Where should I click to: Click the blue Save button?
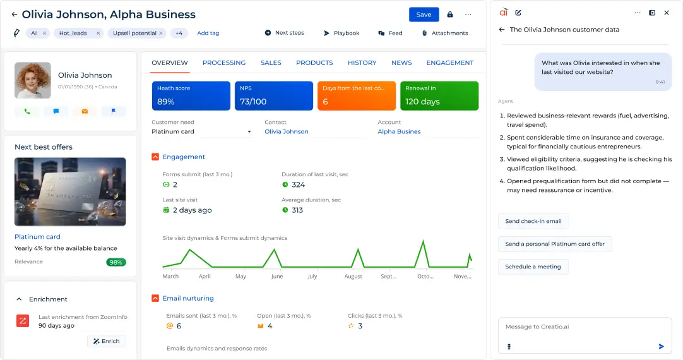(424, 15)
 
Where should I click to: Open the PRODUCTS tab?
(314, 63)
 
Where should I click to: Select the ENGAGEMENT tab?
(449, 63)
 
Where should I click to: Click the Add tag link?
(208, 33)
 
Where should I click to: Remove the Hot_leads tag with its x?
(98, 33)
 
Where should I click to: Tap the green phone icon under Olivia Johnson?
(27, 111)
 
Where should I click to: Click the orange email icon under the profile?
(85, 111)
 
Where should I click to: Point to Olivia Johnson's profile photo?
(33, 80)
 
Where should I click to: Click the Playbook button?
(341, 33)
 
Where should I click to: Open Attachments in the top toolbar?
(445, 33)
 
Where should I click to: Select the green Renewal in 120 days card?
(439, 95)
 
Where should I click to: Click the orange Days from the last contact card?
(356, 95)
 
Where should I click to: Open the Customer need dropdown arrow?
(249, 131)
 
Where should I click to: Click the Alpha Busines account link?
(399, 131)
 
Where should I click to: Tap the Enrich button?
(106, 341)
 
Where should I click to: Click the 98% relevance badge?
(116, 262)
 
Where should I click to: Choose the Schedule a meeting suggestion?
(533, 267)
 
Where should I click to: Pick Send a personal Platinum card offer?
(555, 244)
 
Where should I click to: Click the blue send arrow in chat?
(661, 347)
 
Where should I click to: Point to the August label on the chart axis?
(353, 277)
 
